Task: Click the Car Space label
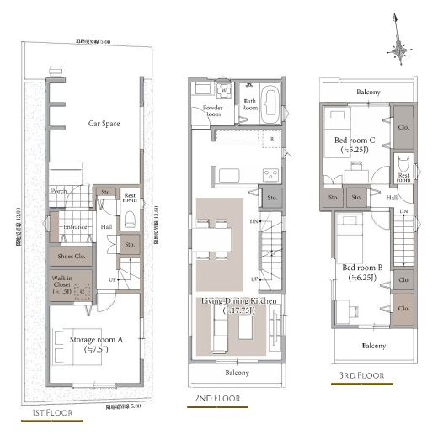coord(104,123)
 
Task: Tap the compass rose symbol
coord(399,49)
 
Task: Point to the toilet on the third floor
coord(403,162)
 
